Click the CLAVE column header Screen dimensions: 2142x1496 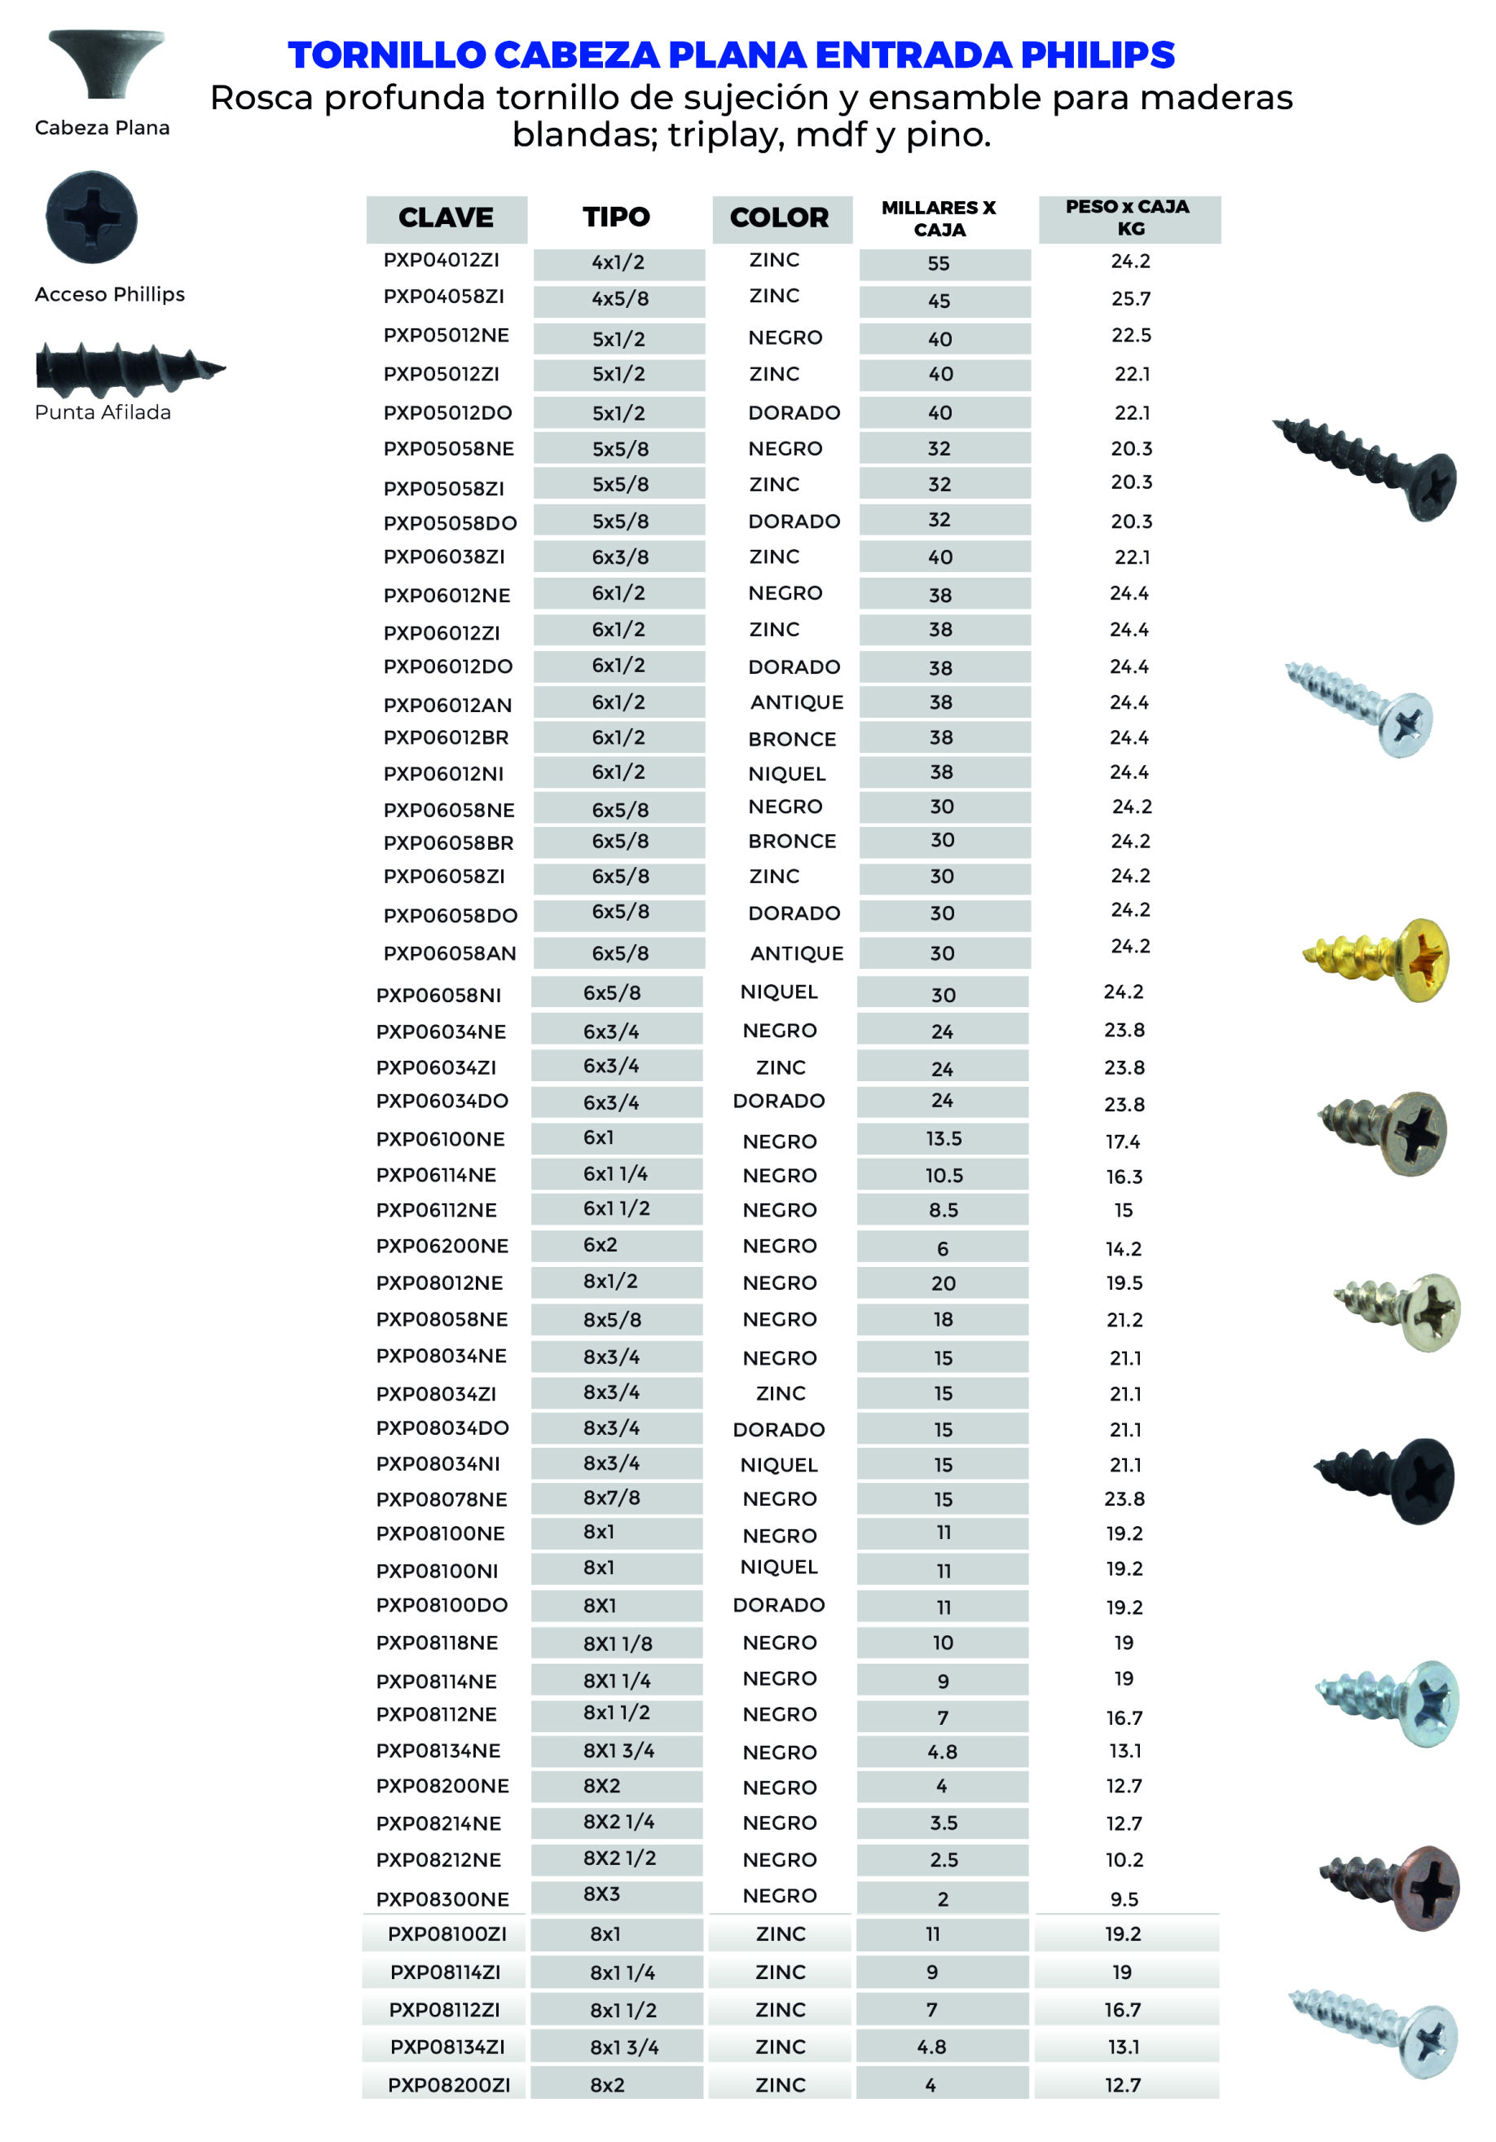click(x=445, y=218)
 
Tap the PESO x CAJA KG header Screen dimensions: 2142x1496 click(x=1128, y=218)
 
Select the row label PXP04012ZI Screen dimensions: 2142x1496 click(x=441, y=260)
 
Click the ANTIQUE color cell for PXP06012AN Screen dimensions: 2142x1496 click(x=796, y=702)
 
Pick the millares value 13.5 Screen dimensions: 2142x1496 click(x=943, y=1138)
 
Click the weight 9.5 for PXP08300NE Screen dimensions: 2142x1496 click(x=1124, y=1898)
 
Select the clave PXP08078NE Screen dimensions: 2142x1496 click(x=442, y=1499)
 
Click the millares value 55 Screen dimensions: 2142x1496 click(x=938, y=264)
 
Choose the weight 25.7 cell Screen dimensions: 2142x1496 click(x=1130, y=298)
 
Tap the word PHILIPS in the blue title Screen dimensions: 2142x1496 click(x=1097, y=56)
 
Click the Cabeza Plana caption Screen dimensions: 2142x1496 click(x=102, y=128)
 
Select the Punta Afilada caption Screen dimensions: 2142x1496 click(x=103, y=412)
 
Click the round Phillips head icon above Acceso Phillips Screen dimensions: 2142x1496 click(x=91, y=218)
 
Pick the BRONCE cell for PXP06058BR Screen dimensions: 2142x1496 click(x=791, y=842)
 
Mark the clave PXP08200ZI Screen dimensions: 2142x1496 click(x=449, y=2085)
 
